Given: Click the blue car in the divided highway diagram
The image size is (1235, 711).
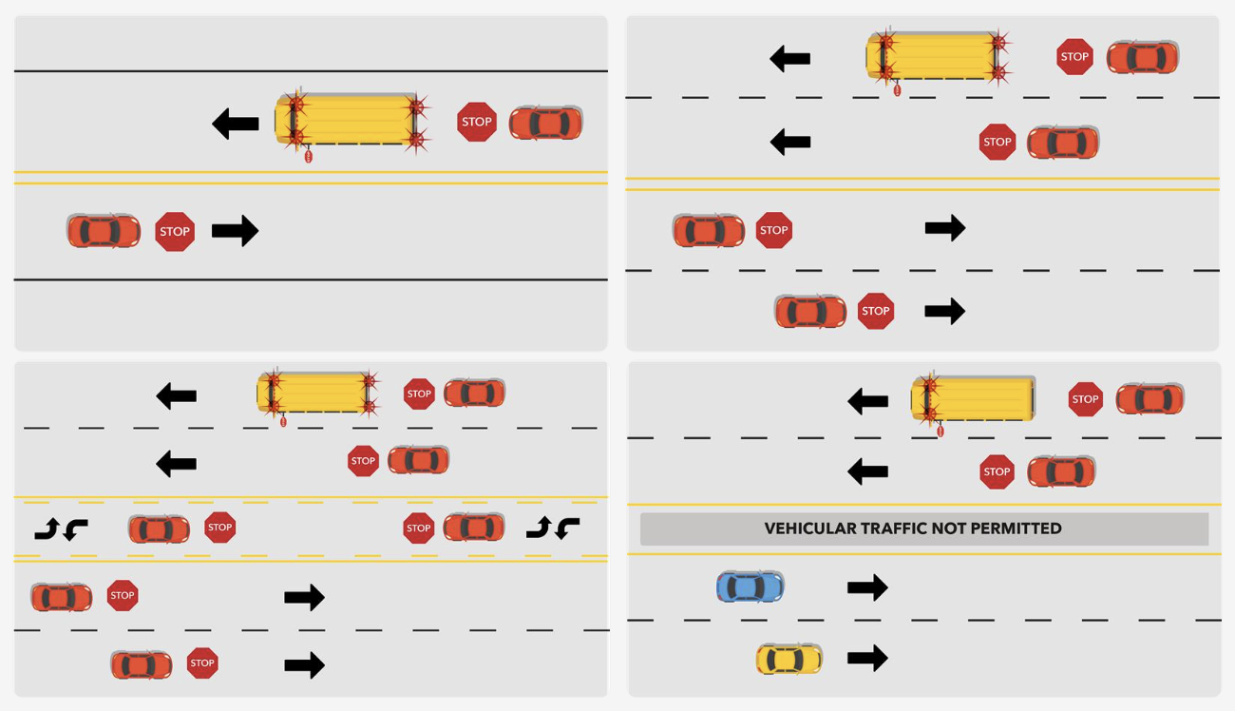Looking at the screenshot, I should click(x=750, y=586).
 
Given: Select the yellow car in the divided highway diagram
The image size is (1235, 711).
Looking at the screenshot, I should click(x=788, y=659).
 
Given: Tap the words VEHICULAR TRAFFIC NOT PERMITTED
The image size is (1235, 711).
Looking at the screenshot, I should click(x=913, y=528).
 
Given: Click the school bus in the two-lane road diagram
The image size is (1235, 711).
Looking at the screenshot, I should click(x=350, y=121).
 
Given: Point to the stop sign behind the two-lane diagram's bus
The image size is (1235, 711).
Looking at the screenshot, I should click(x=476, y=122).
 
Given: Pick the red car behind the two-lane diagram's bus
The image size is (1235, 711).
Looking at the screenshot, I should click(x=545, y=123).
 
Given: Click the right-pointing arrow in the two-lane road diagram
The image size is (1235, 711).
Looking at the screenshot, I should click(x=235, y=231).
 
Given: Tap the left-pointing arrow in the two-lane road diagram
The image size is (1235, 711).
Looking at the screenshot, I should click(x=236, y=124).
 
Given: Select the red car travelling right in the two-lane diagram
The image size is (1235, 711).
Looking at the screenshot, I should click(x=103, y=231).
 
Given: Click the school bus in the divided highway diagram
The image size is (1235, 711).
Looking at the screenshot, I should click(x=973, y=399).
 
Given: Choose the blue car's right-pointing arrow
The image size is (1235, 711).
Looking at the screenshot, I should click(x=866, y=587).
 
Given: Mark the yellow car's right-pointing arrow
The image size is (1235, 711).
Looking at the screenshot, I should click(x=866, y=658).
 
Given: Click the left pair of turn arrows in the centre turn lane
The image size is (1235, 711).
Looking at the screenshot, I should click(x=61, y=528).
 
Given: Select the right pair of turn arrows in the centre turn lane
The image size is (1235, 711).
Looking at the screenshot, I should click(x=553, y=528).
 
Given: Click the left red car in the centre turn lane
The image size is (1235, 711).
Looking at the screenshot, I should click(x=159, y=528).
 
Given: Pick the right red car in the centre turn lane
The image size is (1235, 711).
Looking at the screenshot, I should click(x=473, y=528).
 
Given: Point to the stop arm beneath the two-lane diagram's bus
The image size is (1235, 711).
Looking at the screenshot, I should click(x=308, y=156).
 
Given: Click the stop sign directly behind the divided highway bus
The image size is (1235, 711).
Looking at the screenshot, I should click(x=1084, y=399).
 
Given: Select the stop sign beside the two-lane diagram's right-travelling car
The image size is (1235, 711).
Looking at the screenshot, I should click(x=175, y=231).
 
